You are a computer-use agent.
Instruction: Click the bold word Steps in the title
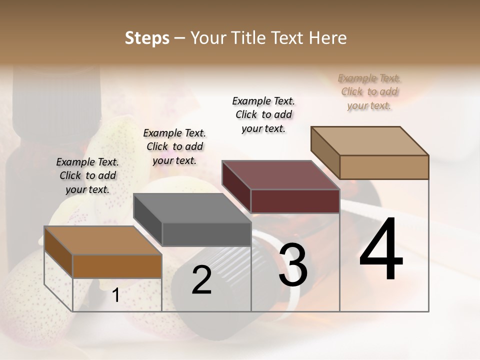(x=147, y=38)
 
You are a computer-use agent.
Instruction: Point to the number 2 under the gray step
(x=201, y=280)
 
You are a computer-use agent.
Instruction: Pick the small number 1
(x=115, y=295)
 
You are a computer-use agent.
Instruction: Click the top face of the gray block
(x=192, y=208)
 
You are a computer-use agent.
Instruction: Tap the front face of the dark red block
(x=295, y=201)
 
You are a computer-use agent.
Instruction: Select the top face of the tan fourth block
(x=369, y=140)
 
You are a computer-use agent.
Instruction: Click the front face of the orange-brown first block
(x=117, y=266)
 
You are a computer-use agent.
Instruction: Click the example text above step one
(x=87, y=175)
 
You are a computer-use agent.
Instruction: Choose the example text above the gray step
(x=174, y=146)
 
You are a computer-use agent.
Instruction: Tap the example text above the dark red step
(x=263, y=114)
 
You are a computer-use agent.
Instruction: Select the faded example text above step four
(x=369, y=91)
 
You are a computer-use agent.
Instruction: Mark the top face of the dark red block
(x=280, y=175)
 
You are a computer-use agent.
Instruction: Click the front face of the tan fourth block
(x=384, y=167)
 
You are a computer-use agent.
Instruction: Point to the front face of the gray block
(x=206, y=234)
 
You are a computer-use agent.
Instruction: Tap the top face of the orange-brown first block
(x=103, y=240)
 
